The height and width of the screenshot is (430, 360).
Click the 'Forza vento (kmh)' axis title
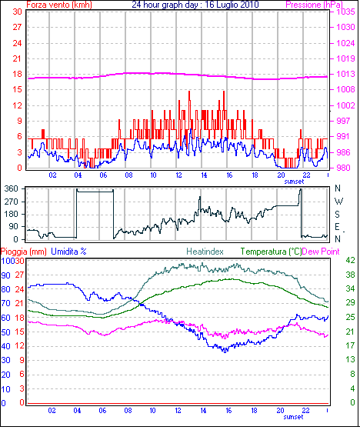tap(59, 5)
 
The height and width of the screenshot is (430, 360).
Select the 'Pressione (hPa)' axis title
tap(314, 5)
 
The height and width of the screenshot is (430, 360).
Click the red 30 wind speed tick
tap(17, 12)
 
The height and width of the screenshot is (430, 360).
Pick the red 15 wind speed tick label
tap(17, 89)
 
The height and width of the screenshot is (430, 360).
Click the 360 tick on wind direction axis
tap(12, 188)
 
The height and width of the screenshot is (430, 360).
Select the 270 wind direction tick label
tap(12, 202)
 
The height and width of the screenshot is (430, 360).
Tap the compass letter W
tap(339, 202)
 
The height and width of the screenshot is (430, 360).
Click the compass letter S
tap(338, 214)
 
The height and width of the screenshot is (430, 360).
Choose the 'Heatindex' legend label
tap(205, 252)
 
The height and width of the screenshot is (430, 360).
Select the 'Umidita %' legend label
tap(68, 252)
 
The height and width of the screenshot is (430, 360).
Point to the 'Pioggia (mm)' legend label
tap(24, 252)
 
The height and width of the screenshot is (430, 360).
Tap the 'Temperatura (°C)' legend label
tap(271, 252)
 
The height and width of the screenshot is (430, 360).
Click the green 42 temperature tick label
tap(351, 260)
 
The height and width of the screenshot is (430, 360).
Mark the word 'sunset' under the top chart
tap(294, 182)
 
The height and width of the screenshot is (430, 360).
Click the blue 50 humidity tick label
tap(6, 332)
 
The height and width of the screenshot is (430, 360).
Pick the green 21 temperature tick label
tap(351, 332)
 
